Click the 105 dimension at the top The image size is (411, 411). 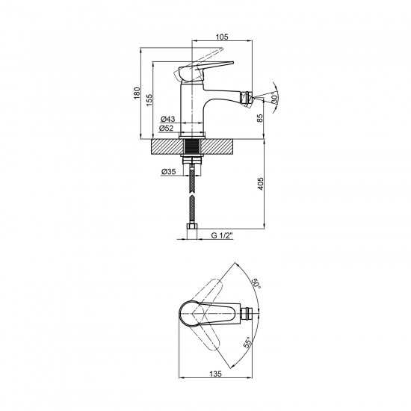click(x=222, y=37)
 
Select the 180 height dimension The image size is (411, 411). click(x=137, y=93)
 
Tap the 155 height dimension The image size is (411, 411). click(x=149, y=100)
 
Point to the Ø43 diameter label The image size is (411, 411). click(x=167, y=119)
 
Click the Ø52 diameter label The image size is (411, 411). click(x=166, y=129)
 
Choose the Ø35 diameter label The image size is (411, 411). click(x=168, y=172)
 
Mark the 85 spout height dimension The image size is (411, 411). click(x=259, y=118)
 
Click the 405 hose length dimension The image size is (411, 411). click(x=260, y=184)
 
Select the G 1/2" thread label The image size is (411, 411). click(x=222, y=235)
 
